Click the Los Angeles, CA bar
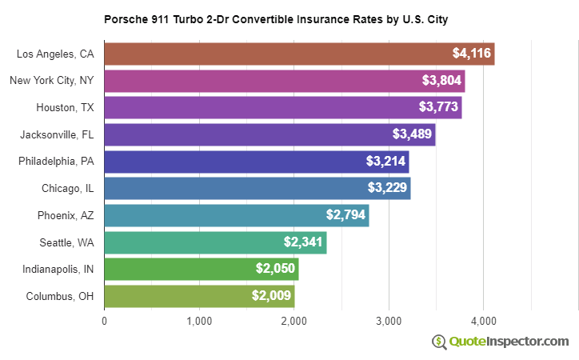tap(299, 54)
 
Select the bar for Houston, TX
tap(283, 107)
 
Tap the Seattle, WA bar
tap(215, 242)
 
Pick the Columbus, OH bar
tap(199, 296)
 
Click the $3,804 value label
tap(441, 81)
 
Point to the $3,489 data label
tap(412, 134)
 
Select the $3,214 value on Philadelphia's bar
tap(385, 162)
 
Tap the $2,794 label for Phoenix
tap(345, 215)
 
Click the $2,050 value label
tap(275, 269)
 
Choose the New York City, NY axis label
tap(52, 81)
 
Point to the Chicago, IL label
tap(68, 189)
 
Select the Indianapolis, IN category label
tap(58, 269)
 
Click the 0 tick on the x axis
tap(105, 322)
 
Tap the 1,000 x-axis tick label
tap(199, 322)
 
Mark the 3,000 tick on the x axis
tap(389, 322)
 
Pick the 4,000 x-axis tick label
tap(483, 322)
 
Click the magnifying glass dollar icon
tap(439, 342)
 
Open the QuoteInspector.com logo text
tap(509, 342)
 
